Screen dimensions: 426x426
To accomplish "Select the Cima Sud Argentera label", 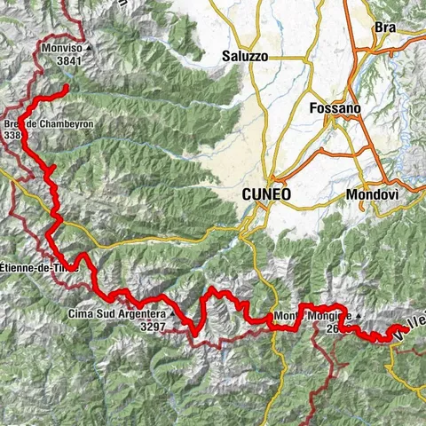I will pos(116,313).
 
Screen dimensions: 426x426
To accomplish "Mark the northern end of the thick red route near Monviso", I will pos(67,87).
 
